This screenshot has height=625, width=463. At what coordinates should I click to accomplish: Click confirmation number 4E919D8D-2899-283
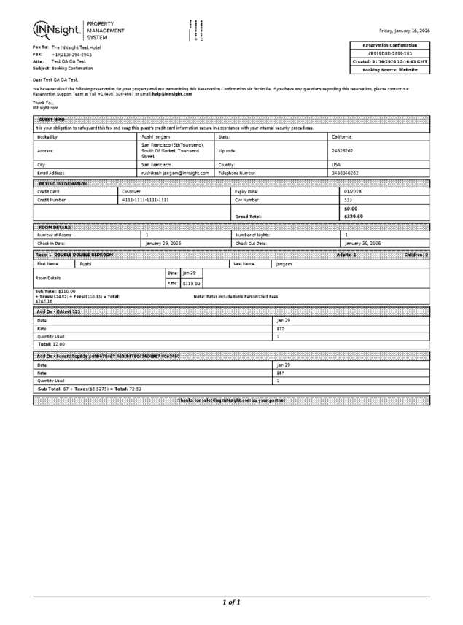click(x=391, y=53)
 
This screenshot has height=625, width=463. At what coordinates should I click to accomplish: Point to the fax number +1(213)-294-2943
click(x=71, y=55)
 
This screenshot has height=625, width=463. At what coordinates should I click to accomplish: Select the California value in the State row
click(x=343, y=136)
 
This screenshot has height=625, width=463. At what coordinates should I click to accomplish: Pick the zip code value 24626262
click(x=343, y=150)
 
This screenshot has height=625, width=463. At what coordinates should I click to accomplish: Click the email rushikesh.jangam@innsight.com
click(x=176, y=173)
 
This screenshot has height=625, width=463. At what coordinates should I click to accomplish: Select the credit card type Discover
click(x=131, y=191)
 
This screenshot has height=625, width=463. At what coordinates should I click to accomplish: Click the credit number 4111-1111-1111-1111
click(x=145, y=199)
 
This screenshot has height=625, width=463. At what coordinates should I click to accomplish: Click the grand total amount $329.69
click(x=354, y=216)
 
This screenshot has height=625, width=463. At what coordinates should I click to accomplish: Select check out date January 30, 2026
click(x=362, y=244)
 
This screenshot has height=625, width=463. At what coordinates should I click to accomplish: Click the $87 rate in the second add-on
click(x=280, y=372)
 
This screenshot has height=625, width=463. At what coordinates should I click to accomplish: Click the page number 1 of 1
click(x=231, y=602)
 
